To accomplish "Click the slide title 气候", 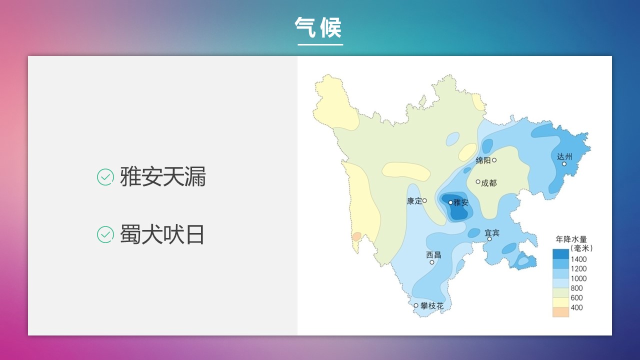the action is pos(318,27).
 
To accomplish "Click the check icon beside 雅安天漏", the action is pos(105,177).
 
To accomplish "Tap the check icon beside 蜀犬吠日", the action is pos(105,234).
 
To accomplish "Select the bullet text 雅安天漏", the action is pos(163,176).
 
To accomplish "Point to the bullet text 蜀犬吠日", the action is pos(162,234).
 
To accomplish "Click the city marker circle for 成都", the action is pos(477,181).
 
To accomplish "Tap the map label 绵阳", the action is pos(483,160).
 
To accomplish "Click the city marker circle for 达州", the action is pos(564,164).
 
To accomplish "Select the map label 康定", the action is pos(414,201).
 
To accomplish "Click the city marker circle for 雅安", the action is pos(450,202).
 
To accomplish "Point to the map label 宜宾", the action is pos(492,233).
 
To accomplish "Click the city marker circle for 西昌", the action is pos(432,262).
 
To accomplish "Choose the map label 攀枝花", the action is pos(432,306).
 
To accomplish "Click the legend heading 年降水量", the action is pos(571,239).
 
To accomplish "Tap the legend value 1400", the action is pos(578,259).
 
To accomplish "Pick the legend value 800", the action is pos(576,288).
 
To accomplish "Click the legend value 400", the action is pos(576,307).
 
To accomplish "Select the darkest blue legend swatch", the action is pos(560,254).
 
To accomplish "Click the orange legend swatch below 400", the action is pos(560,312).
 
